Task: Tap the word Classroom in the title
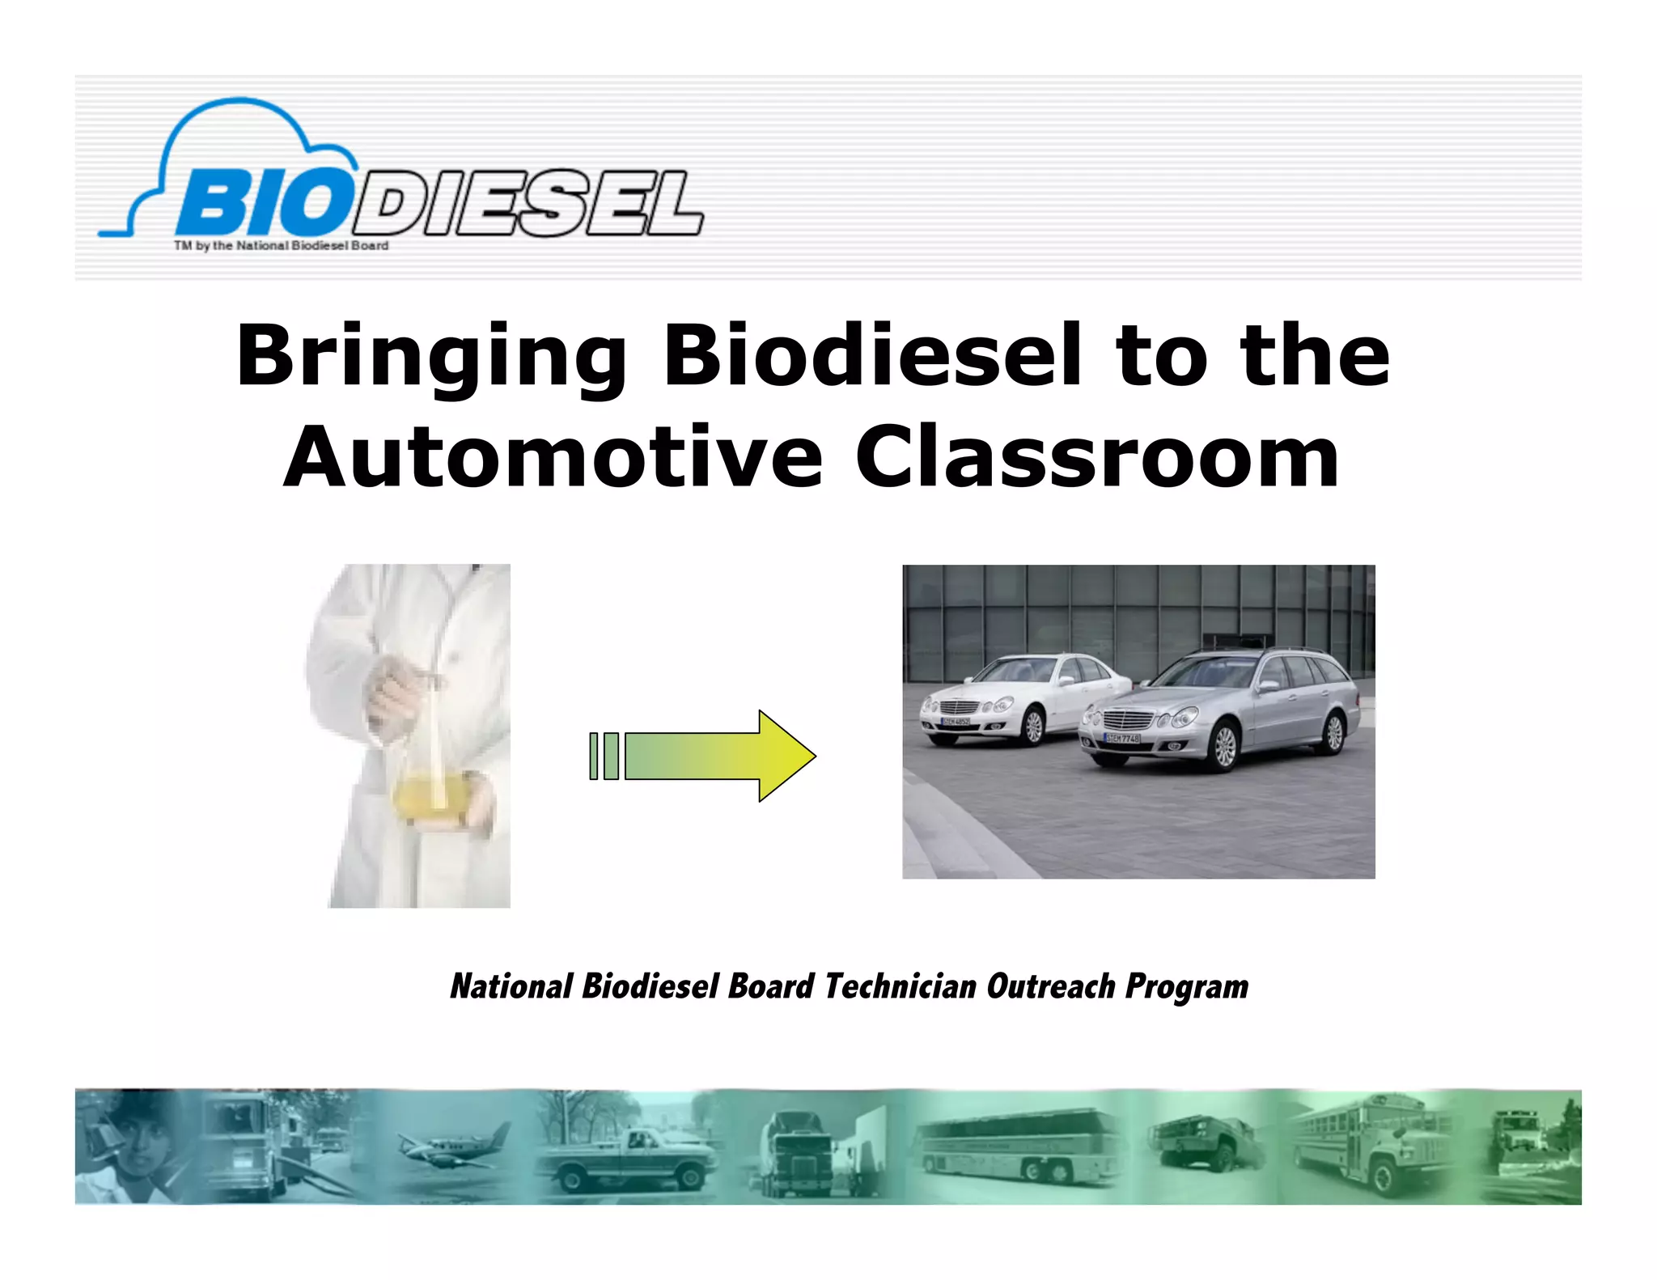[x=1096, y=458]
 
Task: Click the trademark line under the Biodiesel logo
[x=281, y=245]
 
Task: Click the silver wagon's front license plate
[x=1121, y=738]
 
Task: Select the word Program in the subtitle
[x=1186, y=986]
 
